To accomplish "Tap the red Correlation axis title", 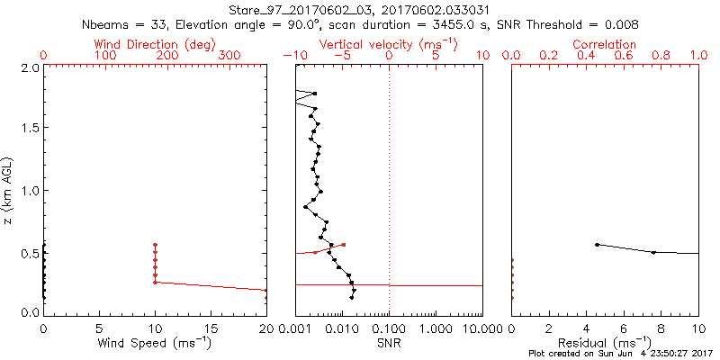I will click(604, 44).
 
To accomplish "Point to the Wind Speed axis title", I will click(155, 343).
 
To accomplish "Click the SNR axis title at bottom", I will click(389, 343).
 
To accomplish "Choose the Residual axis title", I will click(605, 343).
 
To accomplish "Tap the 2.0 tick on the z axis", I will click(30, 67).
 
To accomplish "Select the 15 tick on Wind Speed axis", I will click(211, 328).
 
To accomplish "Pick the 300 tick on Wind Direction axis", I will click(229, 56).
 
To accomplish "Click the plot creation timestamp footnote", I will click(620, 354).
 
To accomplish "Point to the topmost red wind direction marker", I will click(155, 245).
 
